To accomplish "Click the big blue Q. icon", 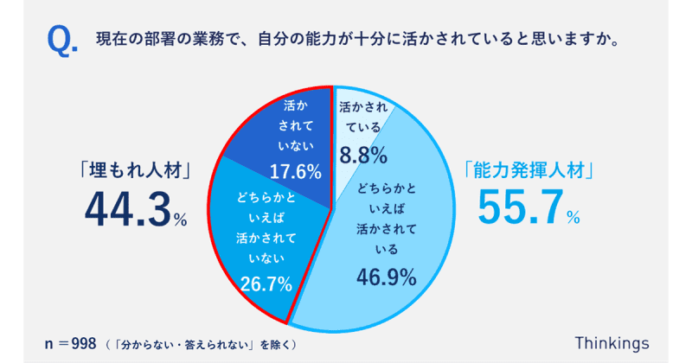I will click(x=61, y=41).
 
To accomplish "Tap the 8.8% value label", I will click(x=362, y=156).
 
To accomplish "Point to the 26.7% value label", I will click(x=264, y=283).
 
